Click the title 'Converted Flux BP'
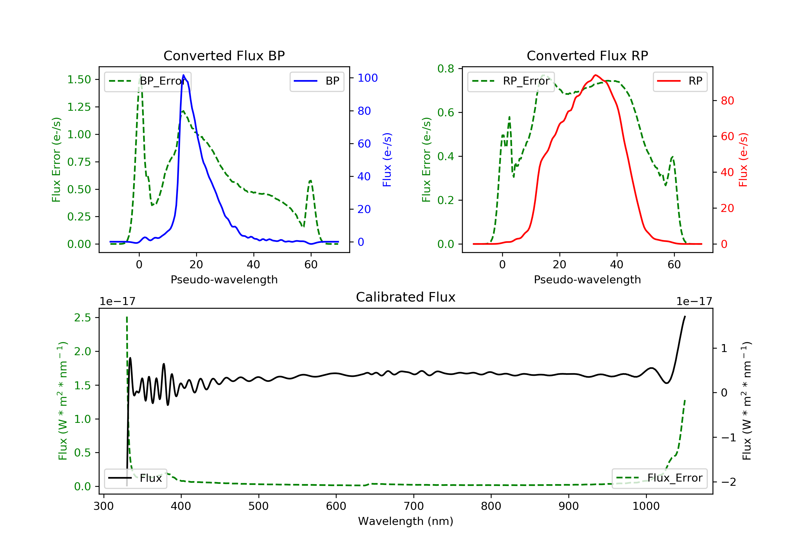click(224, 55)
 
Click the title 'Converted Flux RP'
click(587, 55)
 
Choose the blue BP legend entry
click(317, 81)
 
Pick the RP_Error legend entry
click(511, 81)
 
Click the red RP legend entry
click(680, 81)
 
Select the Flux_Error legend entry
click(659, 478)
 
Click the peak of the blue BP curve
click(183, 75)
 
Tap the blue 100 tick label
click(367, 78)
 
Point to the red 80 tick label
click(727, 101)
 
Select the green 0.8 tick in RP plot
click(446, 69)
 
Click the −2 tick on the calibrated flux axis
click(729, 482)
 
